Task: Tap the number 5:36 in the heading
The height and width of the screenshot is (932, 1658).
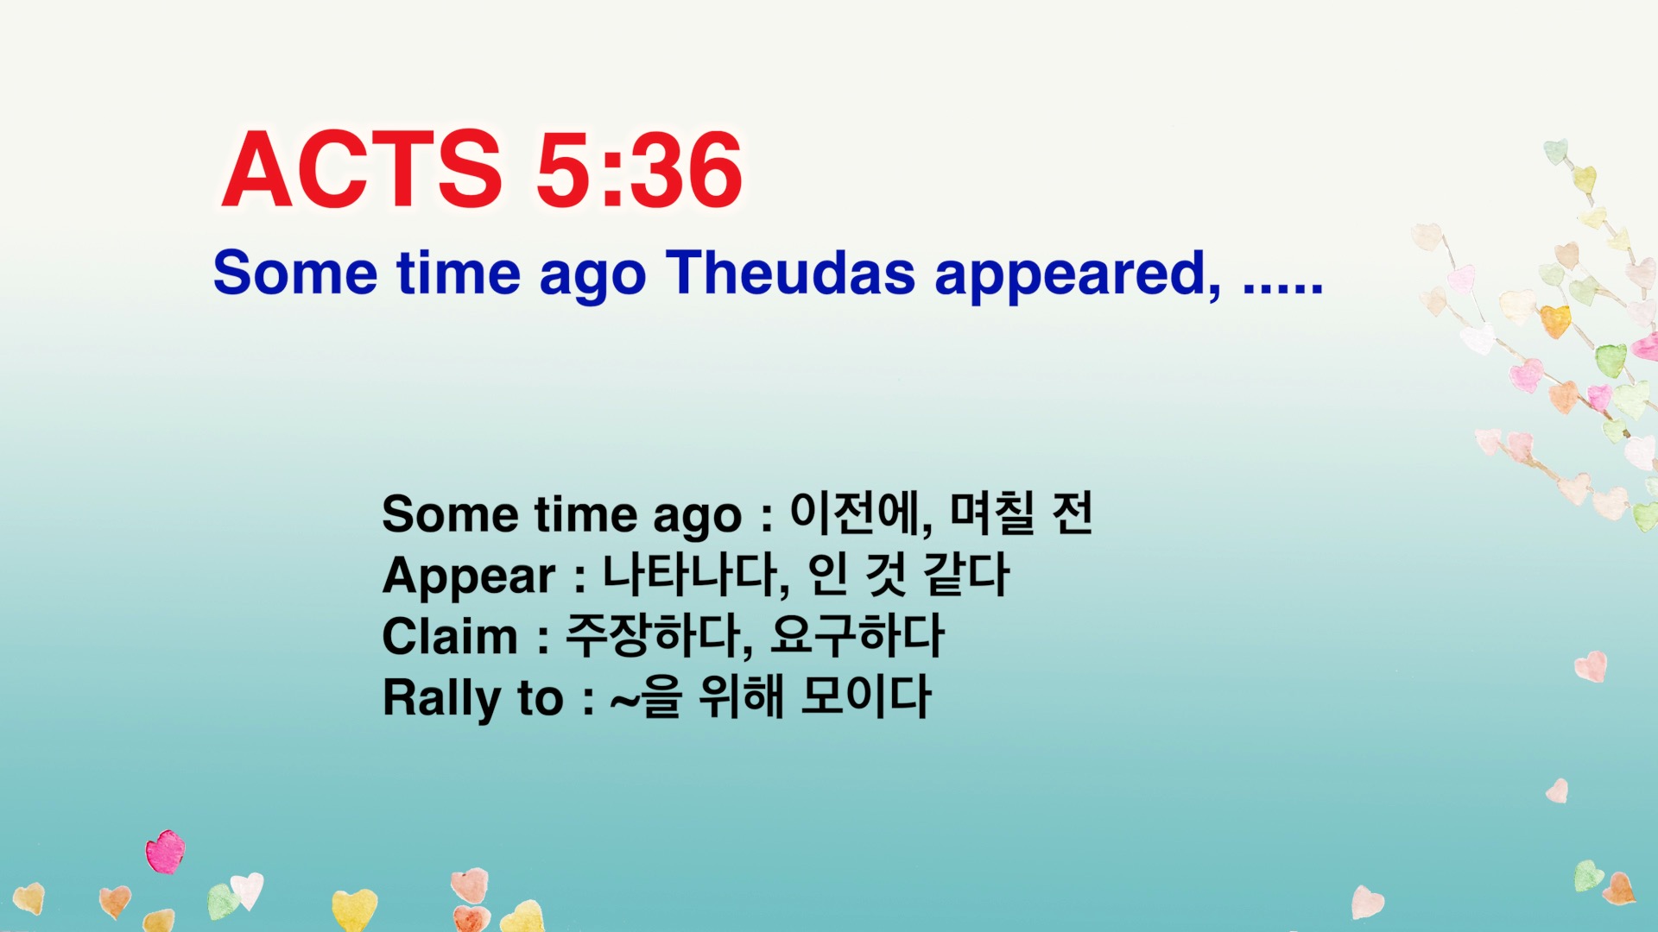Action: [x=639, y=170]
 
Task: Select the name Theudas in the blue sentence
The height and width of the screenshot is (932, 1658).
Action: [x=789, y=274]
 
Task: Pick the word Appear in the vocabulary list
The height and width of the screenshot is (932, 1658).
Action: [x=469, y=576]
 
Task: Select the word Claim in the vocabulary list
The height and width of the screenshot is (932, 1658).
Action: [x=450, y=637]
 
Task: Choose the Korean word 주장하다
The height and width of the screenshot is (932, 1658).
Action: [x=656, y=635]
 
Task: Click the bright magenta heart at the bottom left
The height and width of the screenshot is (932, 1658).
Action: [x=165, y=852]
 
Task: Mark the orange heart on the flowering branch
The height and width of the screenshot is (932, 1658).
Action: [x=1555, y=321]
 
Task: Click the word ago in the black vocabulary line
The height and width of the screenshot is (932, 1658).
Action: [x=696, y=516]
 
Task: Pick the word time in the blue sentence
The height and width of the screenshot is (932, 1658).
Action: [x=459, y=274]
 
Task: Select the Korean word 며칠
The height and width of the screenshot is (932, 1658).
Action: [x=991, y=513]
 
